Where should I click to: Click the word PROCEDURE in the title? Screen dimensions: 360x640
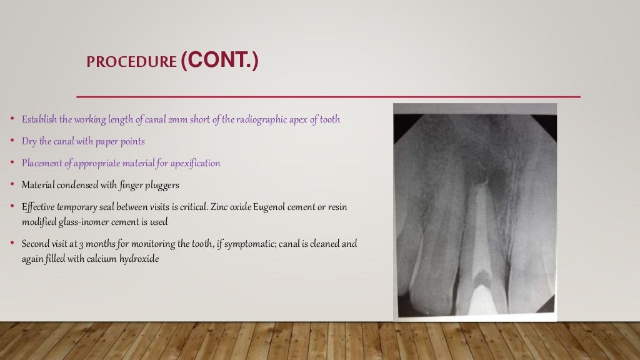click(131, 62)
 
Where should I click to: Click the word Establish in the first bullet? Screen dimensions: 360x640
click(39, 119)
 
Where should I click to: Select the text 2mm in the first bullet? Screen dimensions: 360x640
click(177, 119)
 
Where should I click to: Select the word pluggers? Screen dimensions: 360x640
click(164, 185)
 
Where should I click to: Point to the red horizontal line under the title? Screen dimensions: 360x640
click(328, 97)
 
